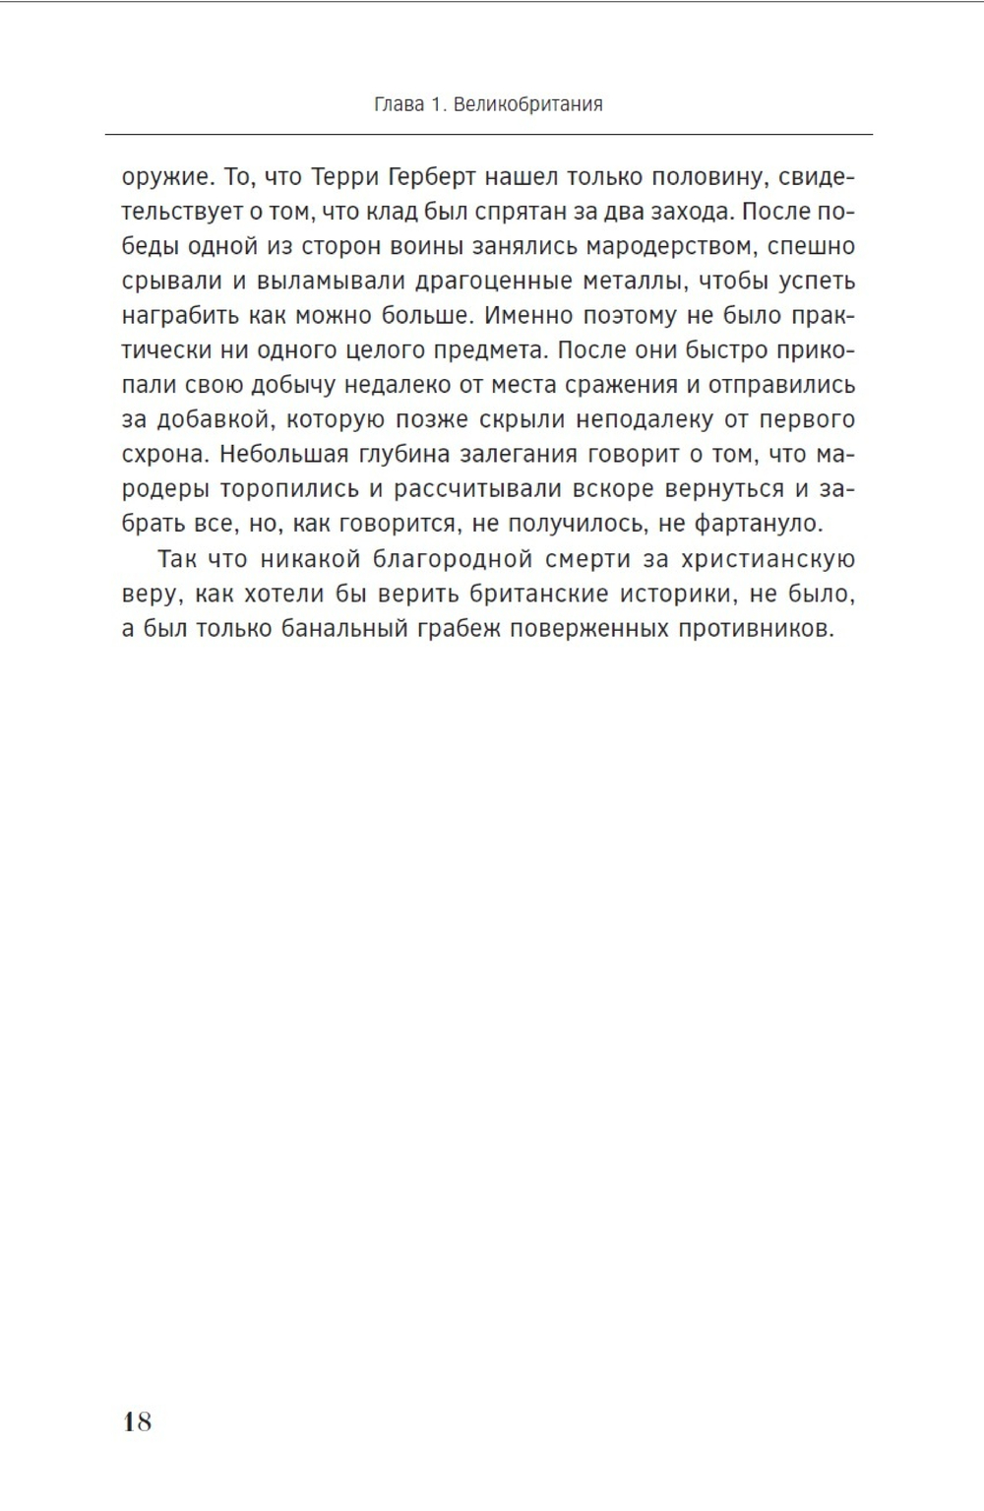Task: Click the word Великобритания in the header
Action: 529,104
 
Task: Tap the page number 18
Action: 138,1420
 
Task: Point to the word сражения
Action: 621,385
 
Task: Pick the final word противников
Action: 755,629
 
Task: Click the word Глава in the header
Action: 399,104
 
